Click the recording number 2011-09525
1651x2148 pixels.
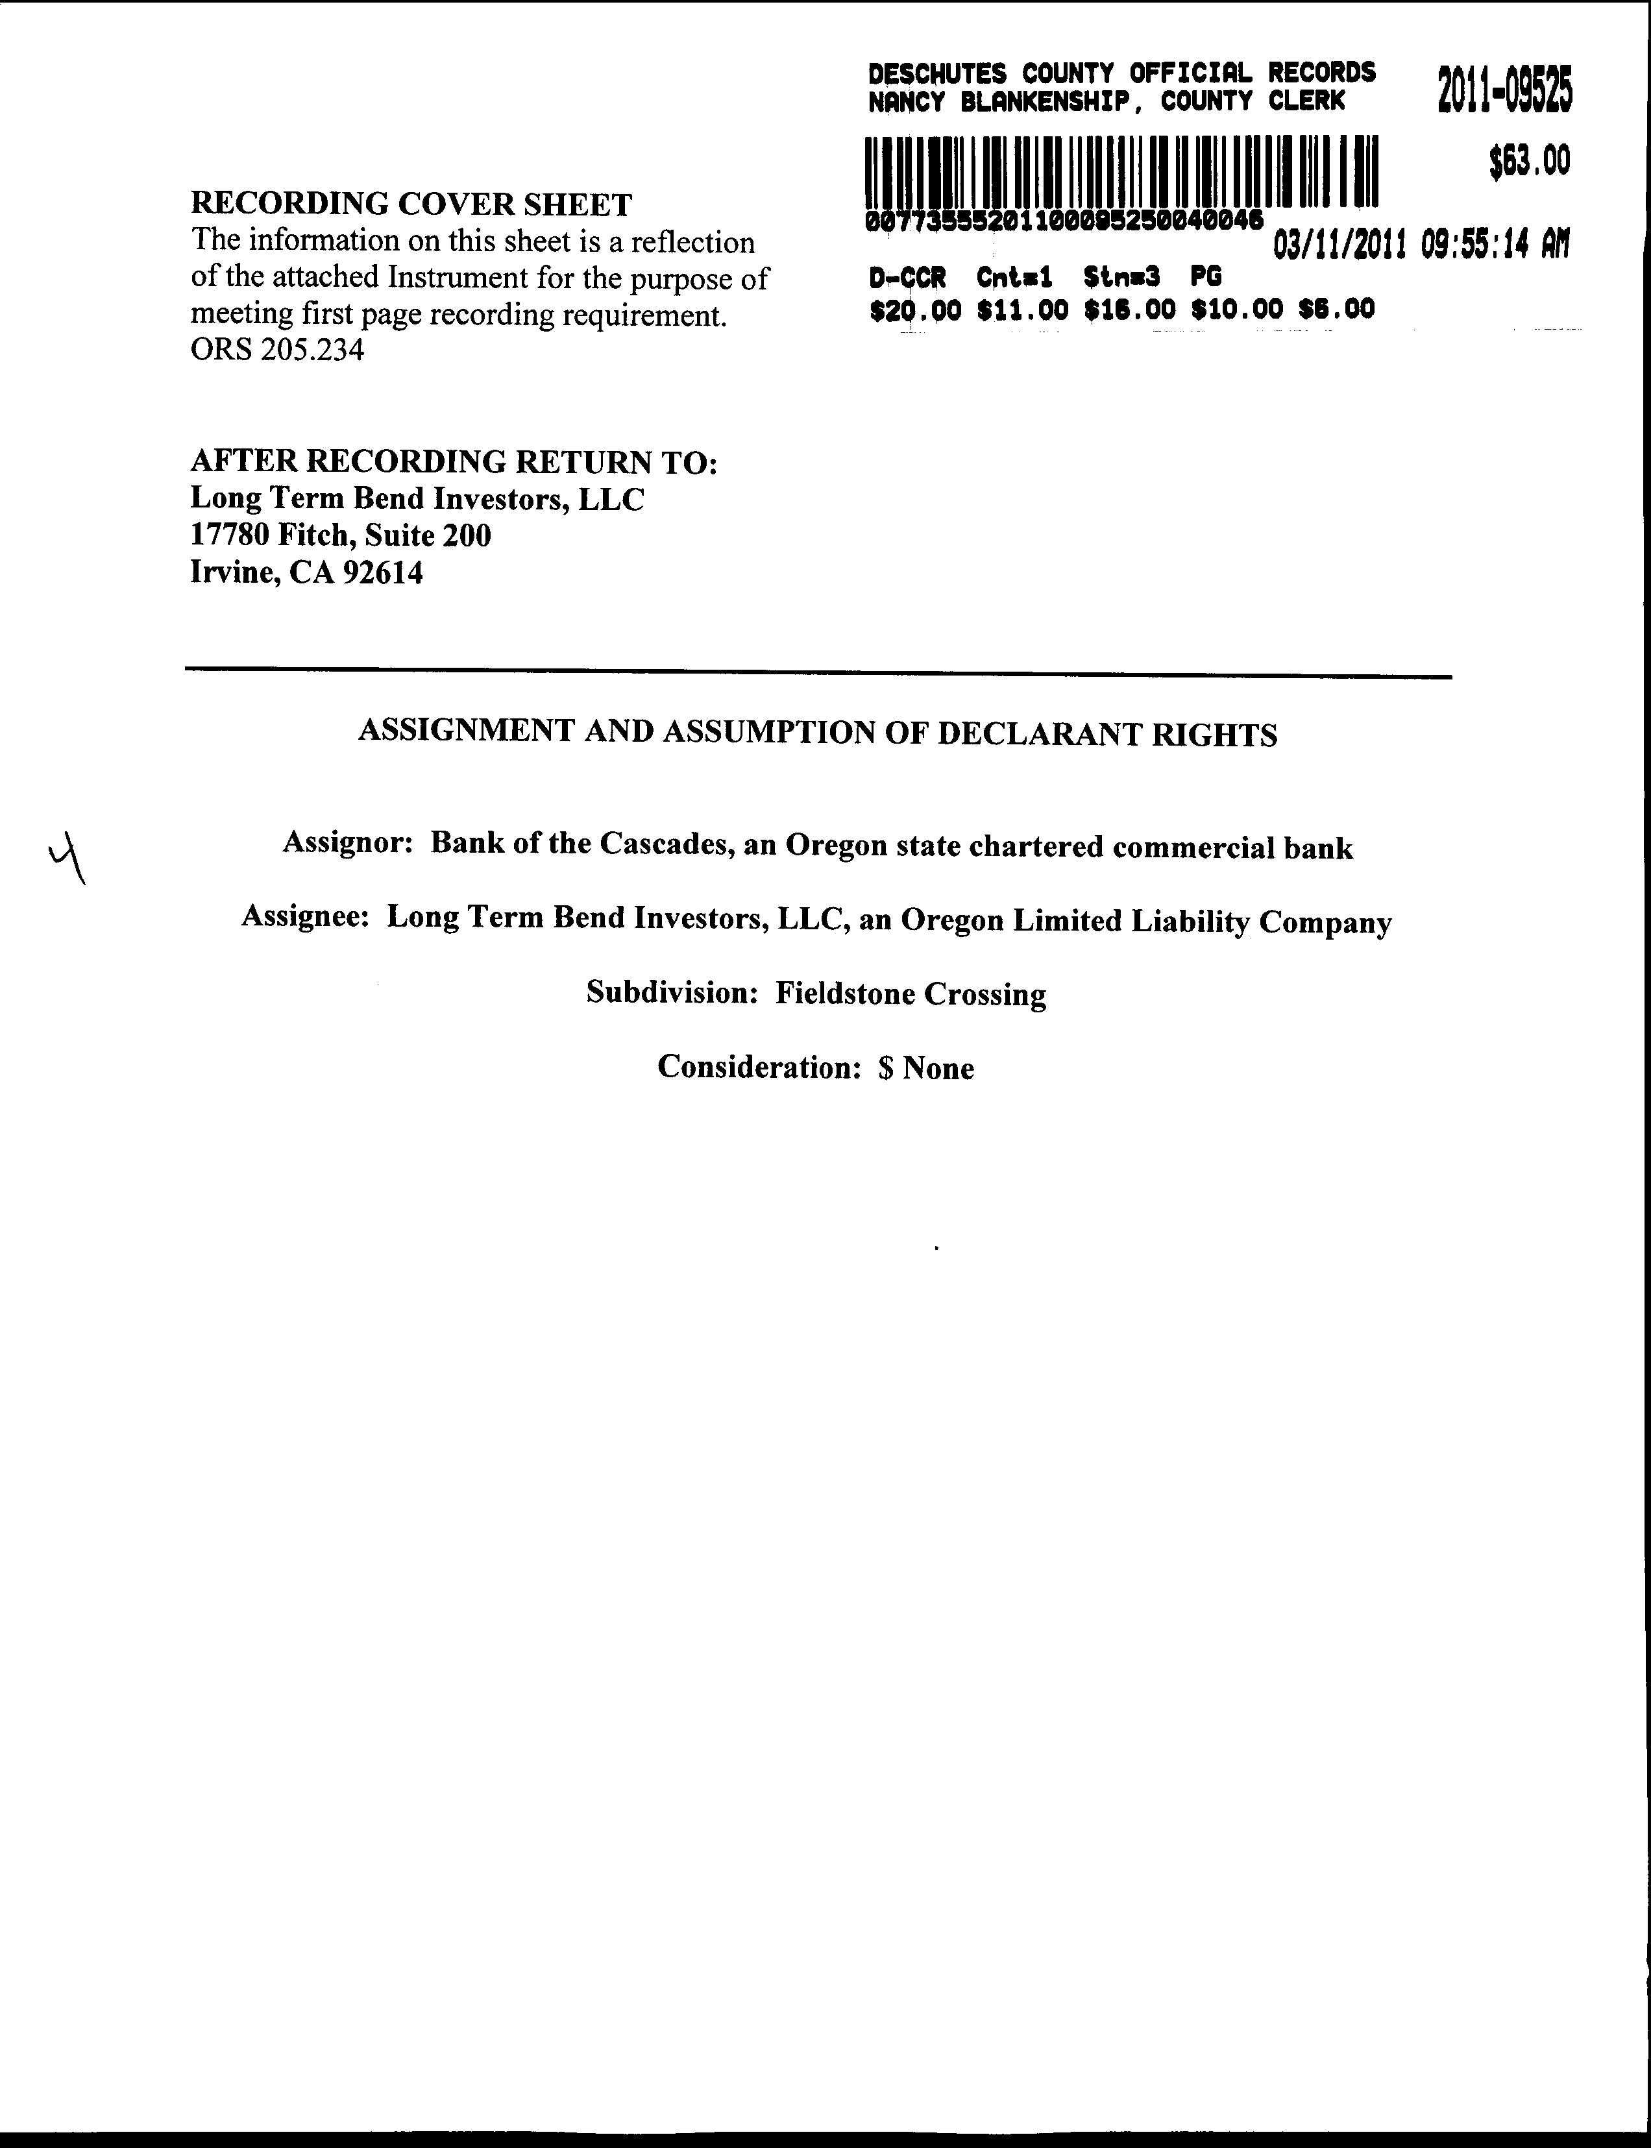point(1504,90)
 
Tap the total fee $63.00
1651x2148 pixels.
point(1529,161)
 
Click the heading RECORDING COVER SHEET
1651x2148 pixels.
point(411,204)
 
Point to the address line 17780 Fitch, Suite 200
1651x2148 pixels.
point(340,535)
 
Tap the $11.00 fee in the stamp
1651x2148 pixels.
point(1022,310)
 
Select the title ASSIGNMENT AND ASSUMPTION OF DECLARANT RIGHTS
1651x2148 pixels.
point(818,733)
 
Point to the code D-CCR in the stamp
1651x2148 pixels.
point(907,278)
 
